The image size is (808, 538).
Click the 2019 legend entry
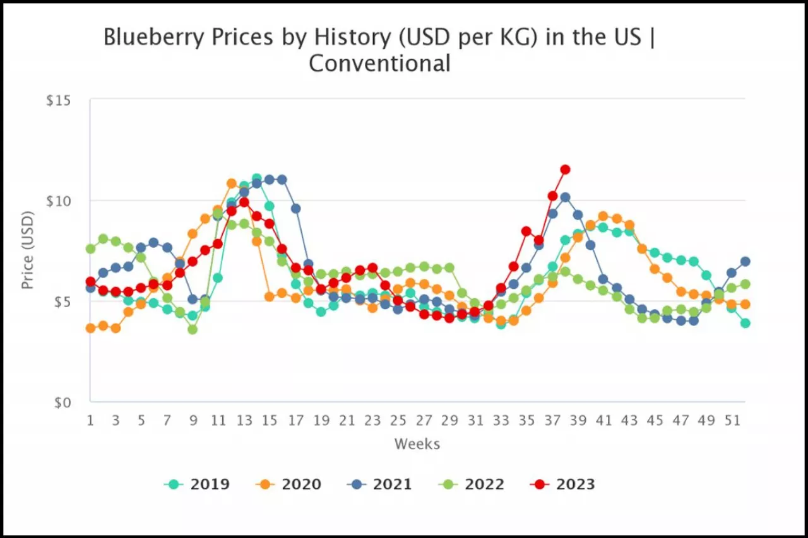(x=197, y=484)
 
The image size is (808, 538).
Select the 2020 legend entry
(x=288, y=484)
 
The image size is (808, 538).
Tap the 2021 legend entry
(x=379, y=484)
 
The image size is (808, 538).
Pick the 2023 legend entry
(x=562, y=484)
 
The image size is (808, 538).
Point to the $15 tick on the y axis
(x=59, y=101)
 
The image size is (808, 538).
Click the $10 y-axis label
(x=59, y=201)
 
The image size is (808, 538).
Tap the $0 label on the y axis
(x=62, y=402)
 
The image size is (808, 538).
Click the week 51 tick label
(x=732, y=420)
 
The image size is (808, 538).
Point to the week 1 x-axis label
(x=90, y=420)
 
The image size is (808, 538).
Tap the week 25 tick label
(x=398, y=420)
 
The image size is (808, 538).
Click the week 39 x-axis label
(x=578, y=420)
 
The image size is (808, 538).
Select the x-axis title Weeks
(x=417, y=444)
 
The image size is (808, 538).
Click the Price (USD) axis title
(x=27, y=250)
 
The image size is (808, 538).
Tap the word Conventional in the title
(x=379, y=64)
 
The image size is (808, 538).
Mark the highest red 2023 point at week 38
(x=565, y=169)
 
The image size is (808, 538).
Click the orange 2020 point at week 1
(x=90, y=328)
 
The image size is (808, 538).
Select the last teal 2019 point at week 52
(x=745, y=323)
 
